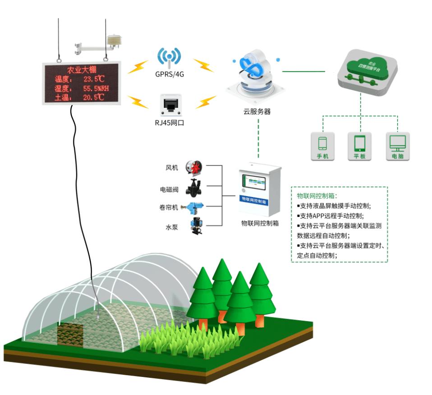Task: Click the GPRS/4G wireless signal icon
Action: (169, 56)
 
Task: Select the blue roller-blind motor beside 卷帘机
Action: (194, 207)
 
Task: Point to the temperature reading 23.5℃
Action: (94, 79)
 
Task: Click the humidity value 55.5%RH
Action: (96, 88)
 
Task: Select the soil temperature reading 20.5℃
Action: (94, 97)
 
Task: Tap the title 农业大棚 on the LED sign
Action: (82, 70)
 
